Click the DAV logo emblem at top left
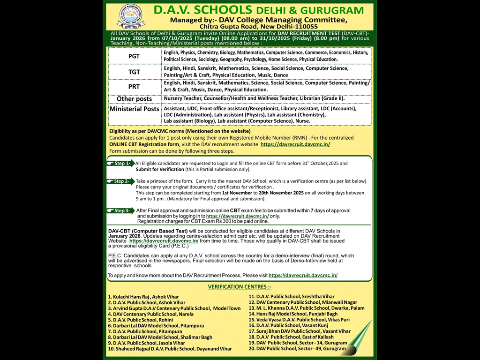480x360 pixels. (x=131, y=17)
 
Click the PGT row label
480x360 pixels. (x=134, y=56)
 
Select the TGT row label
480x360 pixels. (x=134, y=72)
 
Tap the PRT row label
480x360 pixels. (x=134, y=87)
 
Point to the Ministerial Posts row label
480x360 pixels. (x=134, y=109)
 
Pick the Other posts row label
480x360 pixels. (x=134, y=99)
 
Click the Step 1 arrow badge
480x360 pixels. (x=120, y=164)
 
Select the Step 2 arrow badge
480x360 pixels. (x=120, y=181)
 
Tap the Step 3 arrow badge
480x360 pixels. (x=120, y=210)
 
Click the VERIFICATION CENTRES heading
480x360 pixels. (x=240, y=286)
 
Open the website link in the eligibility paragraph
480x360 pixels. (x=295, y=144)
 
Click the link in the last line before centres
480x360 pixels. (x=303, y=276)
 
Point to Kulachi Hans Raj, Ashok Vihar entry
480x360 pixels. (x=137, y=297)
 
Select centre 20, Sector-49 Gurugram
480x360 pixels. (x=297, y=349)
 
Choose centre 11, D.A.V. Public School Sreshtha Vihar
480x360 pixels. (x=292, y=297)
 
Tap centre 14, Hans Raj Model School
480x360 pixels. (x=293, y=314)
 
